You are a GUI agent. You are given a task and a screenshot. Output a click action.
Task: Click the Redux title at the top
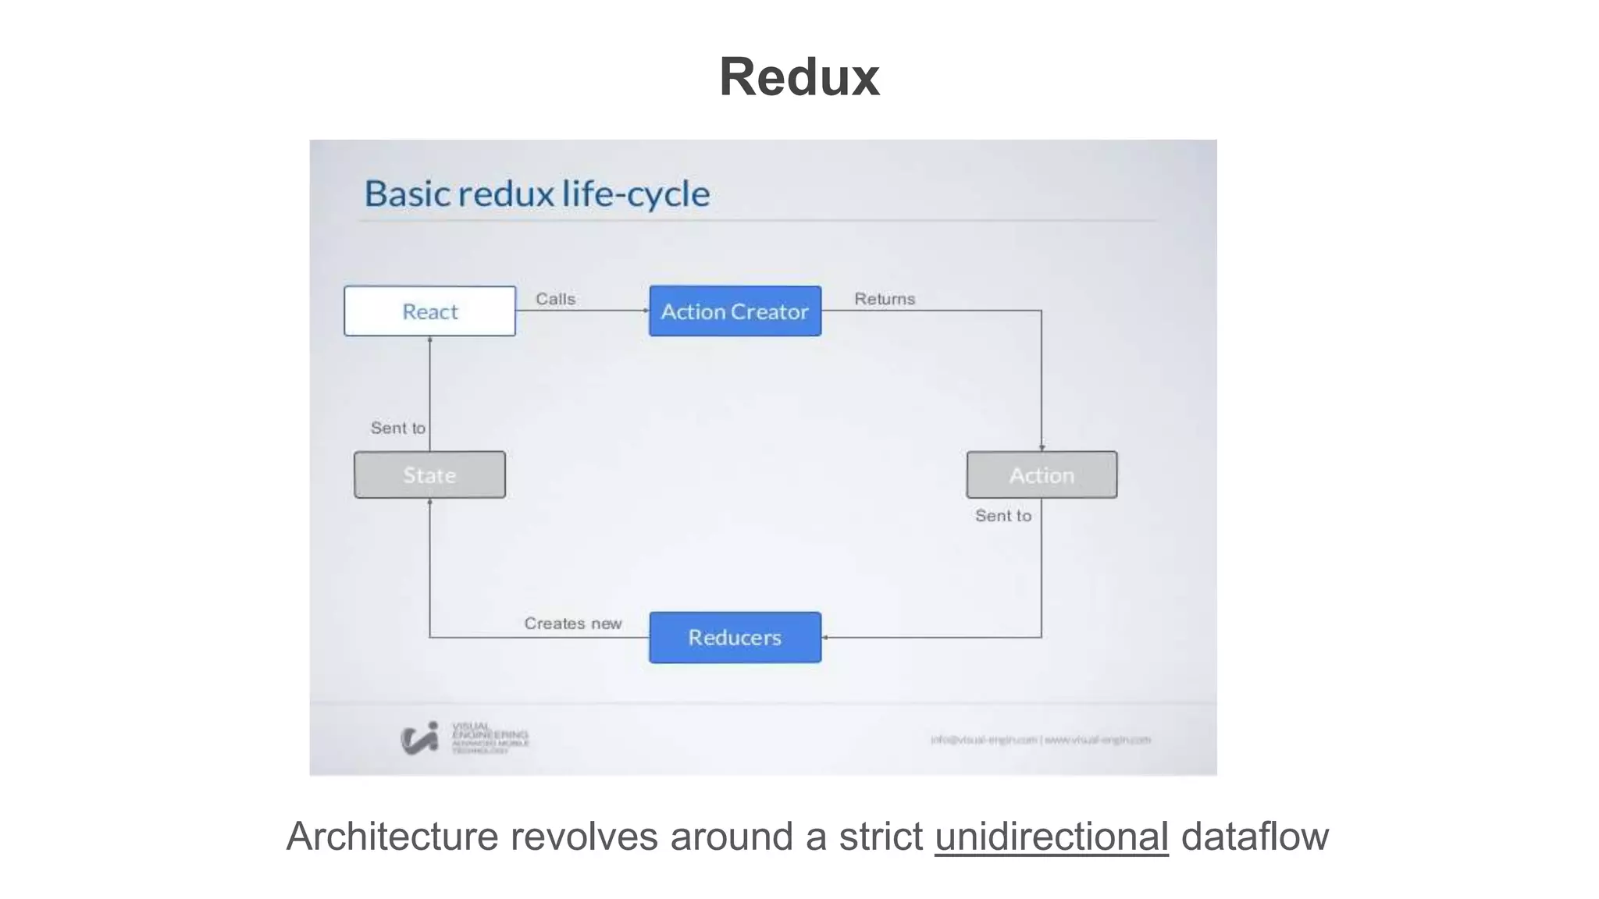tap(799, 77)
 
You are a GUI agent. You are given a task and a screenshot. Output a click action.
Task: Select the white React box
tap(429, 311)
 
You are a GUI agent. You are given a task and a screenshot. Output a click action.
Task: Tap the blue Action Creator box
tap(735, 311)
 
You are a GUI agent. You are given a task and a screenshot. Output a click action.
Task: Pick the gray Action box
tap(1042, 474)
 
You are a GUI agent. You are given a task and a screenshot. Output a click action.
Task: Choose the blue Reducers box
tap(735, 638)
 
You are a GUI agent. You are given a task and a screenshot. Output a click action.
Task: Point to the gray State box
tap(429, 474)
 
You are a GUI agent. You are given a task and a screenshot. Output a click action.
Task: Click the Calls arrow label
tap(555, 299)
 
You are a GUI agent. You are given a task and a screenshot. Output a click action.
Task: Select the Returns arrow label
tap(884, 299)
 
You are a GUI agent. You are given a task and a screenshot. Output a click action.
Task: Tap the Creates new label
tap(572, 624)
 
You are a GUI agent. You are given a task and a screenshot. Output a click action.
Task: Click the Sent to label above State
tap(397, 428)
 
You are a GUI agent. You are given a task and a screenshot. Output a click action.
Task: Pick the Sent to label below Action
tap(1002, 516)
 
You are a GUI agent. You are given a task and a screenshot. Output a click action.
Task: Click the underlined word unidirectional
tap(1051, 837)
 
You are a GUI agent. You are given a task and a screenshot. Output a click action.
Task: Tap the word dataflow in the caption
tap(1254, 837)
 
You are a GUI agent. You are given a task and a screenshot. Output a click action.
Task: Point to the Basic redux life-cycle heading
tap(537, 194)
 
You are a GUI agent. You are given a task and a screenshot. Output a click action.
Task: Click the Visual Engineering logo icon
tap(419, 737)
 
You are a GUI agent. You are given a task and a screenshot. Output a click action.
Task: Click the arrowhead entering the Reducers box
tap(825, 638)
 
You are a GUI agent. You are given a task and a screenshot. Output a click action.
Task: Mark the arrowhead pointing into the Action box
tap(1042, 448)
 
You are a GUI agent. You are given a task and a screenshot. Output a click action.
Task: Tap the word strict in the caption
tap(881, 837)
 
